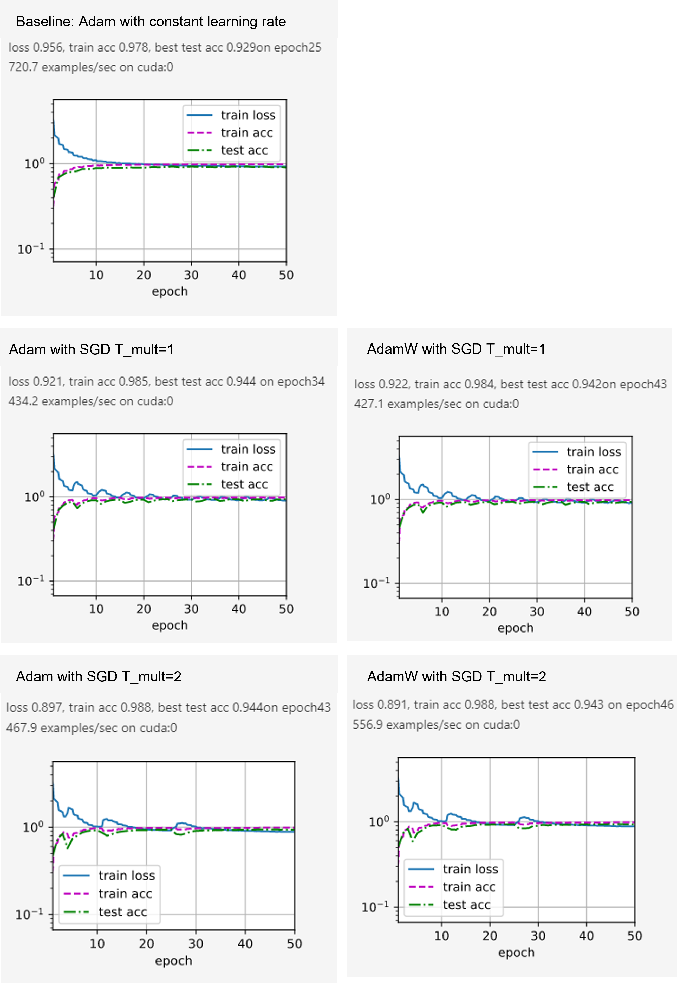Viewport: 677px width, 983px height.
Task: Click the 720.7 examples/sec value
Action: pos(24,67)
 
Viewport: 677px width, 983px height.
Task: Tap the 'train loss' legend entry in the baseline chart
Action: pos(248,115)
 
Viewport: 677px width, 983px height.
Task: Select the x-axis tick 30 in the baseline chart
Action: pos(191,275)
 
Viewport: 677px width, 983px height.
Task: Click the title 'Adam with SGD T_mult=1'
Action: pos(91,349)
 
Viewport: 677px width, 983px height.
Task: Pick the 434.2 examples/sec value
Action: pos(24,401)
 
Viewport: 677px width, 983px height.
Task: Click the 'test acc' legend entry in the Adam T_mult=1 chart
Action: pos(244,484)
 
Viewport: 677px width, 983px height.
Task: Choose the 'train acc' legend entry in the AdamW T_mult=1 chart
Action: pos(592,469)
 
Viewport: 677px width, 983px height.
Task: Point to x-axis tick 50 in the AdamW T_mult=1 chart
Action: pos(632,612)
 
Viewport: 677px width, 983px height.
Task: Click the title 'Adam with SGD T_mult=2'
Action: pos(99,676)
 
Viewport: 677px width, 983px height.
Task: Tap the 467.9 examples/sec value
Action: pos(22,728)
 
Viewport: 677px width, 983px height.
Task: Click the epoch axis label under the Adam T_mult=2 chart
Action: pos(173,961)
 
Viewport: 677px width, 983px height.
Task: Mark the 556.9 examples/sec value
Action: pos(368,725)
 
